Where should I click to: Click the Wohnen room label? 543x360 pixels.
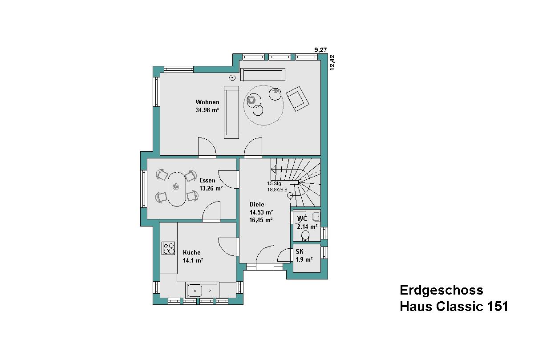pyautogui.click(x=207, y=102)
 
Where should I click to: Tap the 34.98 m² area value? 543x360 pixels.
pyautogui.click(x=207, y=110)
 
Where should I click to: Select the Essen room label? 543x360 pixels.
pyautogui.click(x=207, y=180)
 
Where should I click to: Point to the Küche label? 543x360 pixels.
pyautogui.click(x=191, y=252)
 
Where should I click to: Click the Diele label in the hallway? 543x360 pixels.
pyautogui.click(x=257, y=204)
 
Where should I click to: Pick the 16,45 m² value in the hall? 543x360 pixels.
pyautogui.click(x=261, y=220)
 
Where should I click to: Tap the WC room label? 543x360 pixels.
pyautogui.click(x=302, y=218)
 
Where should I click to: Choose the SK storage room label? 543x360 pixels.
pyautogui.click(x=300, y=251)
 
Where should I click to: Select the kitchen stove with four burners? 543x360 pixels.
pyautogui.click(x=168, y=248)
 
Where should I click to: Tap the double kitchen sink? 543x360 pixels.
pyautogui.click(x=202, y=290)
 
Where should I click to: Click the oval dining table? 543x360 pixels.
pyautogui.click(x=177, y=189)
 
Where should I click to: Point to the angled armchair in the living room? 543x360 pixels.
pyautogui.click(x=297, y=99)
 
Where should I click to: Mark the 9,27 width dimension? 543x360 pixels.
pyautogui.click(x=320, y=50)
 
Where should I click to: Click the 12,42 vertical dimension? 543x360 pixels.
pyautogui.click(x=332, y=63)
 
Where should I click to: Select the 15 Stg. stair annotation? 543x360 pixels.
pyautogui.click(x=275, y=183)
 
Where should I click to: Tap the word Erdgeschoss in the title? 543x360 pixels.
pyautogui.click(x=442, y=290)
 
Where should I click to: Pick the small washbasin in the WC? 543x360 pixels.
pyautogui.click(x=316, y=216)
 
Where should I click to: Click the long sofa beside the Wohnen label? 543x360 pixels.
pyautogui.click(x=231, y=112)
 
